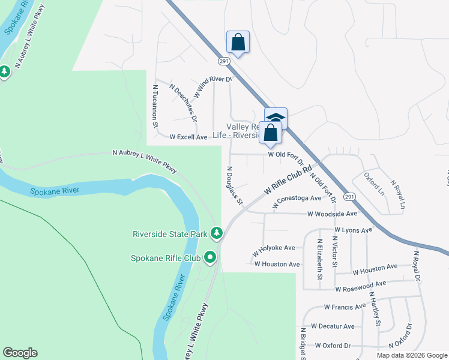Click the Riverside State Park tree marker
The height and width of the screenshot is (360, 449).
click(216, 233)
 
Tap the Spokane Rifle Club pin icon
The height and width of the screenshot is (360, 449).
click(210, 258)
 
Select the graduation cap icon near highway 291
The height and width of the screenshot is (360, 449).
click(276, 116)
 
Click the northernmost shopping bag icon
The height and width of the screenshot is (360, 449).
click(238, 42)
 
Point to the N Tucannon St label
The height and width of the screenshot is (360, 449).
click(155, 106)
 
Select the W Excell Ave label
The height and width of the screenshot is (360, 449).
click(188, 137)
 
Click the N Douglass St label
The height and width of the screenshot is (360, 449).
click(234, 185)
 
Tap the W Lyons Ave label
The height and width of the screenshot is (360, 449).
click(354, 229)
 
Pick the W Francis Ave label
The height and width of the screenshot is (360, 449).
click(345, 307)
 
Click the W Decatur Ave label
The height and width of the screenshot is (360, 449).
click(331, 326)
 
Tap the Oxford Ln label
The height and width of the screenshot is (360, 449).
click(373, 184)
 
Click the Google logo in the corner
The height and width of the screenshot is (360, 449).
click(20, 353)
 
